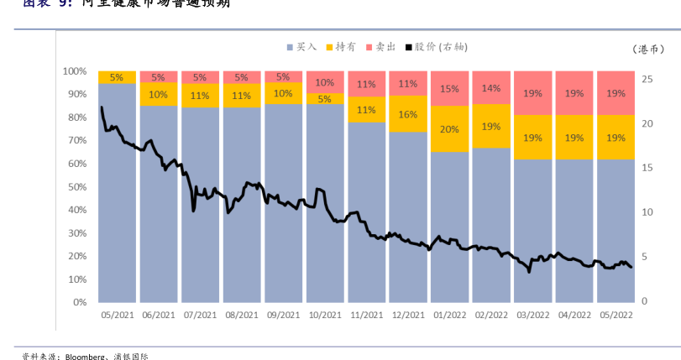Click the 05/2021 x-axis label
(116, 316)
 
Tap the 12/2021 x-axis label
(408, 316)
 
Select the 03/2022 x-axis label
(533, 316)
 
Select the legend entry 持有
(345, 48)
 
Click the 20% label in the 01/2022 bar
(449, 129)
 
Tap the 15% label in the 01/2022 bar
(449, 88)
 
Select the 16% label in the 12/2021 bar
(408, 114)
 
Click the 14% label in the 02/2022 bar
(491, 88)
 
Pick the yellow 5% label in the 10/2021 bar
(325, 99)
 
